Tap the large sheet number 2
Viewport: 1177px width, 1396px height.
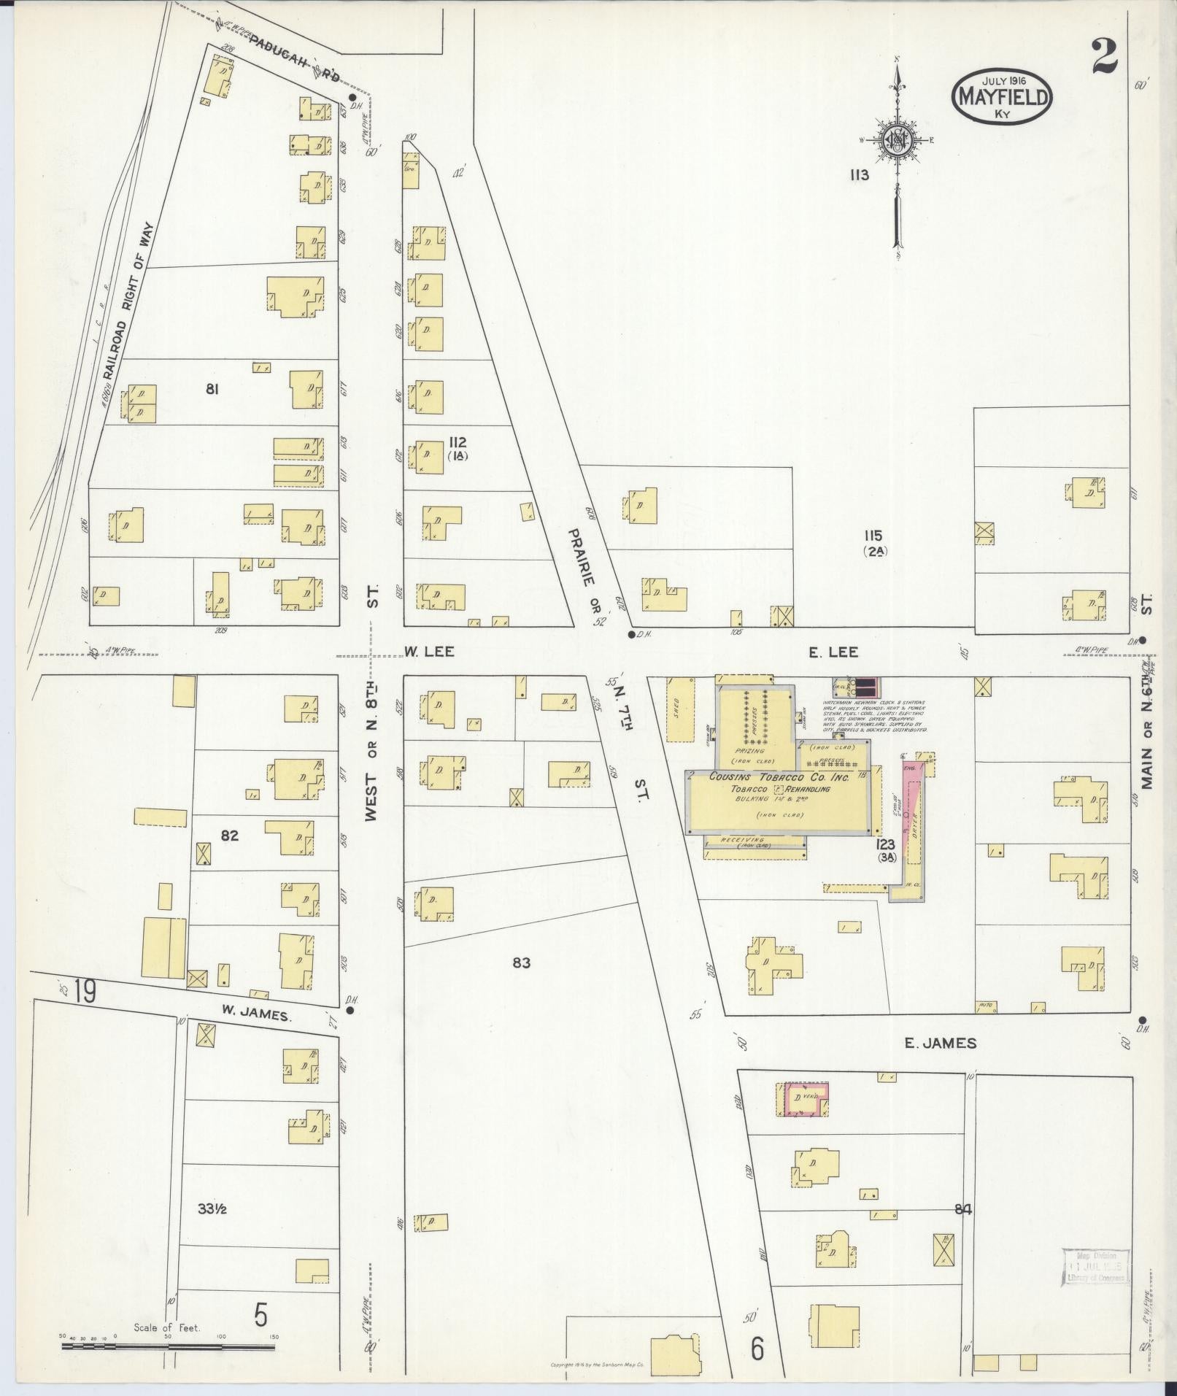click(x=1105, y=58)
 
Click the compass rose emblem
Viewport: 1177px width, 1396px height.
click(x=896, y=141)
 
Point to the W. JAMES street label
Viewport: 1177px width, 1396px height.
click(x=255, y=1011)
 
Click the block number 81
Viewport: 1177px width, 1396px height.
click(x=212, y=390)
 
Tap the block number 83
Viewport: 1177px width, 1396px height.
click(x=521, y=963)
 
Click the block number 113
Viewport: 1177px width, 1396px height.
click(x=858, y=175)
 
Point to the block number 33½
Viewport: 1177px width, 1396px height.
click(x=212, y=1208)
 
